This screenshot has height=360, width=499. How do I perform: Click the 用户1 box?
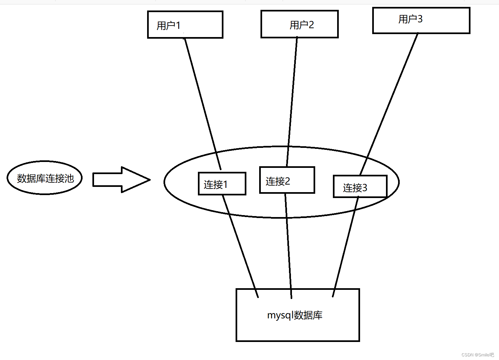185,25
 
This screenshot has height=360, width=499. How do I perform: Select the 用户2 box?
299,24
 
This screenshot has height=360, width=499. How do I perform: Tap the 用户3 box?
421,20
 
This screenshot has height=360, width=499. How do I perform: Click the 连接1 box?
222,184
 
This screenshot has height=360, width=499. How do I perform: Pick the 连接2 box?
287,180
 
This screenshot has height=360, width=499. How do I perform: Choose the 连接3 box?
360,187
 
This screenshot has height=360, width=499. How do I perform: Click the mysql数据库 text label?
295,315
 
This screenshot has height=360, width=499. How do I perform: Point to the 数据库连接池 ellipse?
45,178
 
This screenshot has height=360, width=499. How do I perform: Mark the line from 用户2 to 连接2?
292,102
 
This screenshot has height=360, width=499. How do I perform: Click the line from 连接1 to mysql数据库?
240,246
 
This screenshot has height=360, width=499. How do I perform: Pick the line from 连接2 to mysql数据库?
288,246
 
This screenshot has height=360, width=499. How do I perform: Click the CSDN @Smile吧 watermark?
477,355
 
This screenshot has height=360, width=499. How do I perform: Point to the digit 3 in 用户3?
420,19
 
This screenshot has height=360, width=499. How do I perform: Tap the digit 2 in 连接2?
287,181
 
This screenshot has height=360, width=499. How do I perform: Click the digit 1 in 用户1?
178,25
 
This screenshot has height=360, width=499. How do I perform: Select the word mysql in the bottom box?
279,315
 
